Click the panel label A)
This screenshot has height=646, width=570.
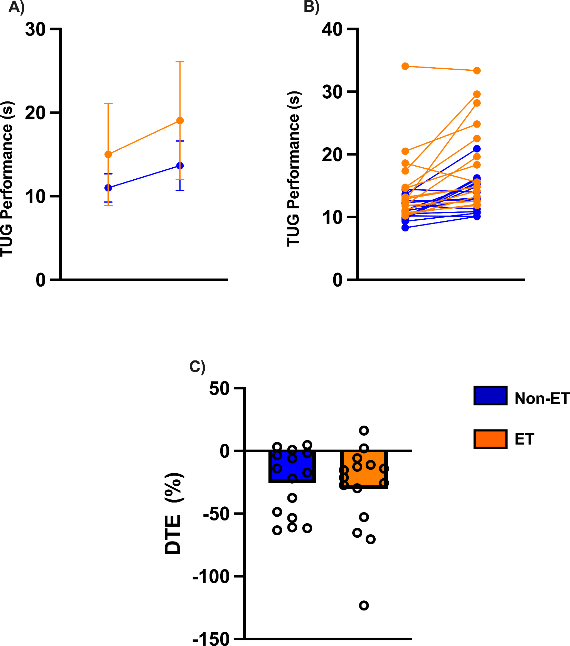pos(16,7)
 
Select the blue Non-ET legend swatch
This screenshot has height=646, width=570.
pos(490,396)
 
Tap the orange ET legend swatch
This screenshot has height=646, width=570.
pos(490,439)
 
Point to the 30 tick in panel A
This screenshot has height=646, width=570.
pos(35,30)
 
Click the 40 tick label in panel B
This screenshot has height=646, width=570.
pos(332,30)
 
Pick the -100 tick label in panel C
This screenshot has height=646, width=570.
pos(211,576)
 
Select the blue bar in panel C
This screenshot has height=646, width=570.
pos(292,466)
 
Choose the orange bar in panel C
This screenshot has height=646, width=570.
pos(364,469)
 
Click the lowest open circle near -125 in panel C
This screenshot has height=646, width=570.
pos(364,605)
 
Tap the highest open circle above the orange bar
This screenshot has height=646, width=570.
pos(364,430)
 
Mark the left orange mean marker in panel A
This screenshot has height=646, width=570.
pos(108,154)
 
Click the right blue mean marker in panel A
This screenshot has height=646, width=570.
pos(180,166)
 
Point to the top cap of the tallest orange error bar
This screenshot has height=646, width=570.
pos(180,62)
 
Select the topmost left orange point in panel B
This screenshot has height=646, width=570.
pos(405,66)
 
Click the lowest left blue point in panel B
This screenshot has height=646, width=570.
pos(405,228)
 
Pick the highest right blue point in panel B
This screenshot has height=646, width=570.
pos(477,149)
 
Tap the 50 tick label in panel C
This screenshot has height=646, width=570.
pos(219,389)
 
